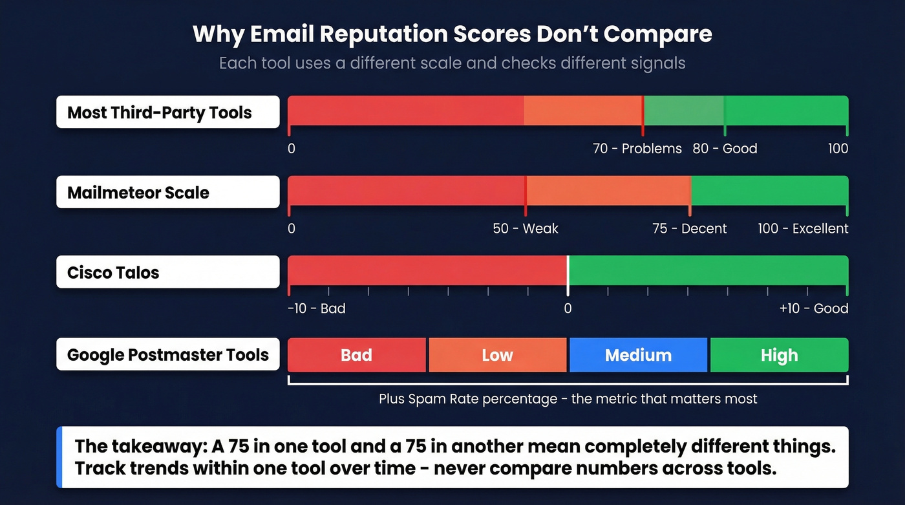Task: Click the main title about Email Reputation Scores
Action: pos(452,34)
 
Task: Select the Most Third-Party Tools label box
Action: pos(167,113)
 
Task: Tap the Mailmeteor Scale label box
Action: pos(167,193)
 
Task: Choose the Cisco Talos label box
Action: pos(167,272)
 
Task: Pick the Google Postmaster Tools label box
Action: pos(167,355)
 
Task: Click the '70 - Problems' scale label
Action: pos(637,149)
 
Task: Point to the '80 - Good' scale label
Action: pos(725,149)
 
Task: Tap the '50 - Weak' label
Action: pos(525,229)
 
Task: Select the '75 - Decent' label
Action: pos(689,229)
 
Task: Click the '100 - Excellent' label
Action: pos(803,229)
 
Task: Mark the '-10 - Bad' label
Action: pos(316,308)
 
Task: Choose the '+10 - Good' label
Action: pos(813,308)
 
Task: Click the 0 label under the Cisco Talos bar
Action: pos(568,308)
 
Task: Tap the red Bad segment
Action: pos(356,355)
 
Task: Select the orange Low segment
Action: pos(497,355)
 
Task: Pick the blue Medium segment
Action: pos(638,355)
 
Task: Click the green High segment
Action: pos(779,355)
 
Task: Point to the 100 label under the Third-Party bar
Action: pos(838,149)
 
